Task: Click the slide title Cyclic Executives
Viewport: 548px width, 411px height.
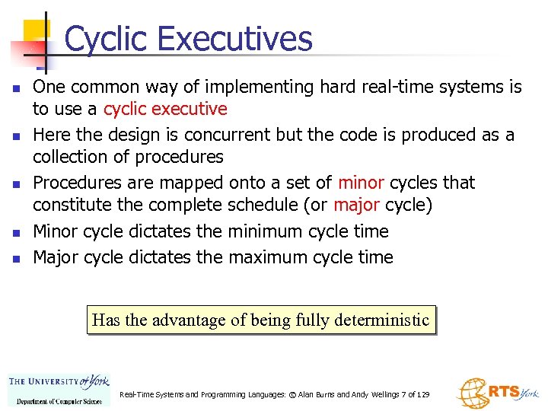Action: [188, 39]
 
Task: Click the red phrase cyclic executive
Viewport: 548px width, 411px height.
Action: [165, 109]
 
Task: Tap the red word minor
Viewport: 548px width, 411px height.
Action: [363, 183]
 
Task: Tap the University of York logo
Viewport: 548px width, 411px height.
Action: [59, 382]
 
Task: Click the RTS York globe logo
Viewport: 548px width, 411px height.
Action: [497, 393]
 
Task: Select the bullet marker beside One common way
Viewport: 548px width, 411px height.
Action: [14, 89]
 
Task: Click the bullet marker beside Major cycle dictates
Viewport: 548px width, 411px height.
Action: [14, 259]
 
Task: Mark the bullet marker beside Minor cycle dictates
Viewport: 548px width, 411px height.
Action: [14, 233]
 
